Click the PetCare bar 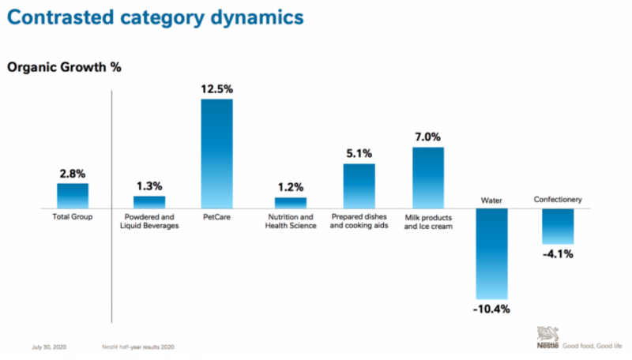click(x=217, y=153)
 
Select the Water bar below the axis click(x=491, y=253)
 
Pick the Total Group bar click(x=73, y=196)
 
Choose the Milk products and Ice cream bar click(x=427, y=178)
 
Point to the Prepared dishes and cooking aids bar click(x=359, y=186)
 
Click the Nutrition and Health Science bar click(x=290, y=202)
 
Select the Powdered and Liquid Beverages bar click(x=149, y=202)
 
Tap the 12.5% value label click(x=217, y=89)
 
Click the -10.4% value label click(x=491, y=308)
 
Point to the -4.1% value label click(x=558, y=254)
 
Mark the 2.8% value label click(x=73, y=174)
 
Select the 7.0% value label click(x=427, y=137)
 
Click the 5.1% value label click(x=359, y=154)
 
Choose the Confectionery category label click(x=558, y=200)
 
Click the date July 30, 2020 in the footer click(x=49, y=347)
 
